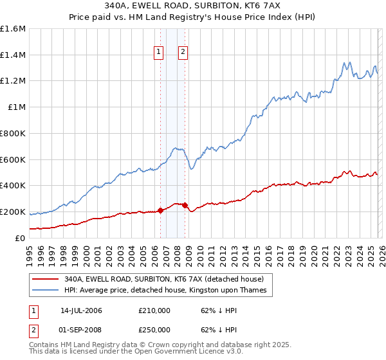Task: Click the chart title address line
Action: [x=193, y=7]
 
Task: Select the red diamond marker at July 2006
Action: [x=160, y=210]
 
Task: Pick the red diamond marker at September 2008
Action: [x=185, y=205]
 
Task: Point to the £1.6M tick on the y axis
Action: [x=13, y=29]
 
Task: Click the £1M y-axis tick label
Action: [x=17, y=107]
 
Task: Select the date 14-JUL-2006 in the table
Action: [x=81, y=310]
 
